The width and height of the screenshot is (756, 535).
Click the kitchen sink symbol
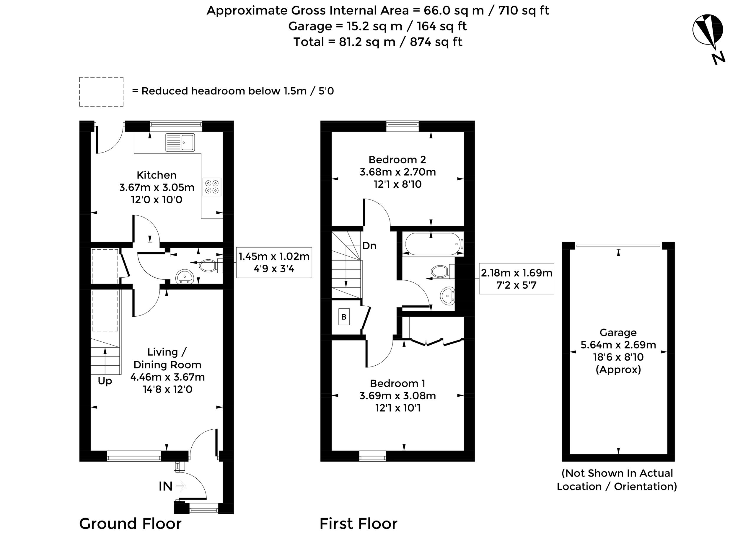[x=180, y=142]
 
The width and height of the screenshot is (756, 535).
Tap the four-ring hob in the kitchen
[x=212, y=187]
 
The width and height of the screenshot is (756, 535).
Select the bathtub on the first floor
[x=433, y=244]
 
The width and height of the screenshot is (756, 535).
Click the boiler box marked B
[x=344, y=317]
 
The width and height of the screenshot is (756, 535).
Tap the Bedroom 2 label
[x=397, y=160]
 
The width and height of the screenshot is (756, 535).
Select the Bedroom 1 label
[x=397, y=383]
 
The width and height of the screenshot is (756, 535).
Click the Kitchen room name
[x=157, y=175]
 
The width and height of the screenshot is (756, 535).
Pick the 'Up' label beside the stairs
[x=105, y=381]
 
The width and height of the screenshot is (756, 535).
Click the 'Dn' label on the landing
[x=369, y=246]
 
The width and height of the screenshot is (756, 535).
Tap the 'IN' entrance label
[x=165, y=486]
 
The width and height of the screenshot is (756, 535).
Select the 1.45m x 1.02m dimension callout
[x=274, y=262]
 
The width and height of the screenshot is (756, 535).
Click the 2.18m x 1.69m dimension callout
[x=516, y=278]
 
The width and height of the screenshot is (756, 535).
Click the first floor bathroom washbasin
[x=447, y=295]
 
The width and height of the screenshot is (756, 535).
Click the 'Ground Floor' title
[x=130, y=523]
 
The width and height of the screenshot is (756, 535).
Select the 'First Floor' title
[x=359, y=523]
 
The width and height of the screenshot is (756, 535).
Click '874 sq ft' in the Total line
[x=436, y=42]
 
